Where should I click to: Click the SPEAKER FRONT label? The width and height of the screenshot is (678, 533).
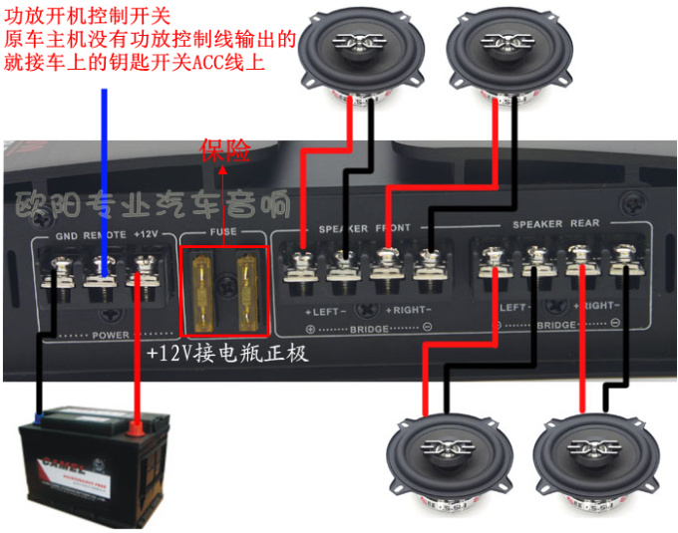point(364,228)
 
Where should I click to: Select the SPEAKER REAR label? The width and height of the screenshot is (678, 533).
point(555,224)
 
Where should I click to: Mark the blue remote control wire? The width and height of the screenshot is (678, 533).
point(105,169)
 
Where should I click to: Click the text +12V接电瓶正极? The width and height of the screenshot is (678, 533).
point(228,354)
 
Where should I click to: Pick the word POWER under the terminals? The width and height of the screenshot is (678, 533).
point(111,335)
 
